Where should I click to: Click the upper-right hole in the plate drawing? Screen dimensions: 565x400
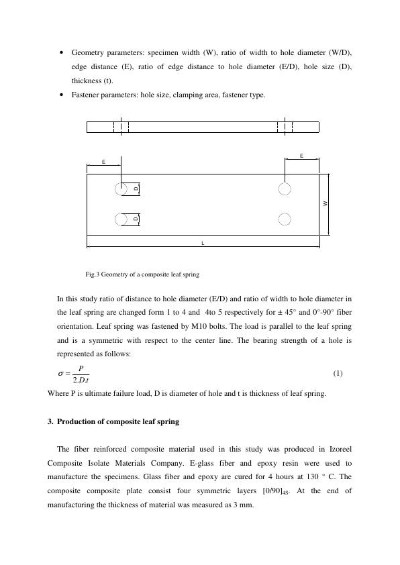(285, 189)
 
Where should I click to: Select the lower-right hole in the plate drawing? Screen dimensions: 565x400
(285, 219)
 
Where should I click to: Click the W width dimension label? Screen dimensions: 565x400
(326, 203)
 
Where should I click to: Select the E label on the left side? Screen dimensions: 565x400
(103, 162)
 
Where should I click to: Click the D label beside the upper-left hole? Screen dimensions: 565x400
(136, 189)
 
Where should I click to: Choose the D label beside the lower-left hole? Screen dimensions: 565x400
(136, 219)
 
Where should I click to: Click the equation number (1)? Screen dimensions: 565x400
(338, 373)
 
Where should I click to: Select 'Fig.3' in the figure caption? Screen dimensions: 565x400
(93, 274)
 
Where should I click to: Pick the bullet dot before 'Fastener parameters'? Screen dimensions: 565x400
(62, 95)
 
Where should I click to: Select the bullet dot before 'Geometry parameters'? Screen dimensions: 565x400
(62, 52)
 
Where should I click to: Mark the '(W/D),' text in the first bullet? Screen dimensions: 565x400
(340, 52)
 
